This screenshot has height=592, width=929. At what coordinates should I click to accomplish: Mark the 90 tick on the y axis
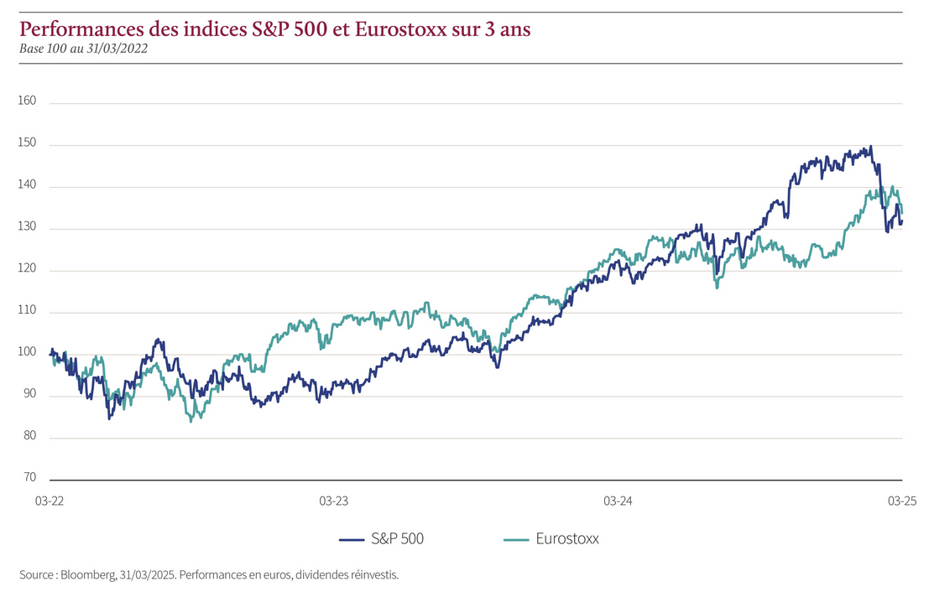pos(30,394)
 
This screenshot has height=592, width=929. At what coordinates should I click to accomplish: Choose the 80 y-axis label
pos(30,436)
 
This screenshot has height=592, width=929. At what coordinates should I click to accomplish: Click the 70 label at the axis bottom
pos(30,477)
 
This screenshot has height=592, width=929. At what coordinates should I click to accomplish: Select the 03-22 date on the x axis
pos(49,501)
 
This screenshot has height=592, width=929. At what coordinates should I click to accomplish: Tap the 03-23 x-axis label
pos(333,501)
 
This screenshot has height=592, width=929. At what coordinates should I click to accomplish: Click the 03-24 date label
pos(618,501)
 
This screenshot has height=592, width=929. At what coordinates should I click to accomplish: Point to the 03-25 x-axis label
pos(901,501)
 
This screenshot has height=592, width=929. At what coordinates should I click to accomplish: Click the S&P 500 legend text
pos(397,539)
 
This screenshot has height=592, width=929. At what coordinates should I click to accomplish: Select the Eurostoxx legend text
pos(567,539)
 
